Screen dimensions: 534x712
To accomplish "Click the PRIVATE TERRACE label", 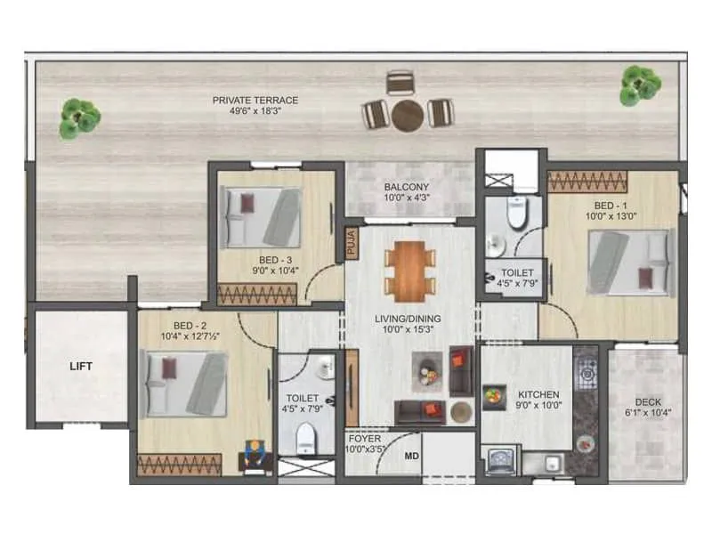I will (255, 101).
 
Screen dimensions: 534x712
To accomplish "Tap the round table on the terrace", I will (409, 114).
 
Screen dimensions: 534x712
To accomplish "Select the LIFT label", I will (82, 366).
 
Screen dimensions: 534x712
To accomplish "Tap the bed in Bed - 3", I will (262, 218).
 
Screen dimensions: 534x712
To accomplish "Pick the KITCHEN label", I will (538, 394).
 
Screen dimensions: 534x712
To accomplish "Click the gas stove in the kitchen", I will (587, 372).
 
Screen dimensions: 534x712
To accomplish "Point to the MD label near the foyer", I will (412, 457).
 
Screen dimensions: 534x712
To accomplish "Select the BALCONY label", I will (408, 188).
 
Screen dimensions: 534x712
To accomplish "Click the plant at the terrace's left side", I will (79, 117).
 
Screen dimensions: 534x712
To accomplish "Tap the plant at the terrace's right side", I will (640, 85).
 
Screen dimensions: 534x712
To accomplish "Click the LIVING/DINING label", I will (409, 318).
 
